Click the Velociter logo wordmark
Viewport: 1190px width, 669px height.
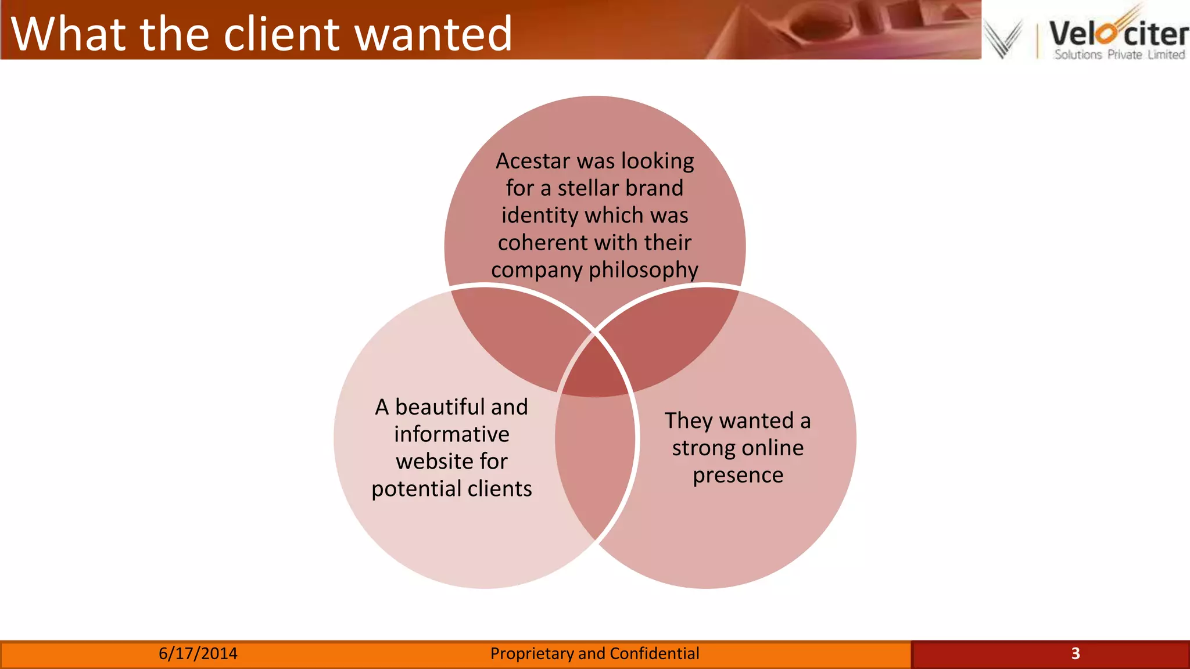click(x=1119, y=33)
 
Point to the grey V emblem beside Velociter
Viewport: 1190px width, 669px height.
click(x=1003, y=38)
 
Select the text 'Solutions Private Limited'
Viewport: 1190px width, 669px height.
click(x=1119, y=55)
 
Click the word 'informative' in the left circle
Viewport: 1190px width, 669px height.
click(x=451, y=434)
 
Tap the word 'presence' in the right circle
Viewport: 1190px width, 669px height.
click(x=738, y=475)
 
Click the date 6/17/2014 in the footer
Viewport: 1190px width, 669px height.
click(x=198, y=654)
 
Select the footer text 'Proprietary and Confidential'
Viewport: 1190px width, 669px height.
click(x=594, y=654)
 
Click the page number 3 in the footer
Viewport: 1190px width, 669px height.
click(x=1075, y=654)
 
